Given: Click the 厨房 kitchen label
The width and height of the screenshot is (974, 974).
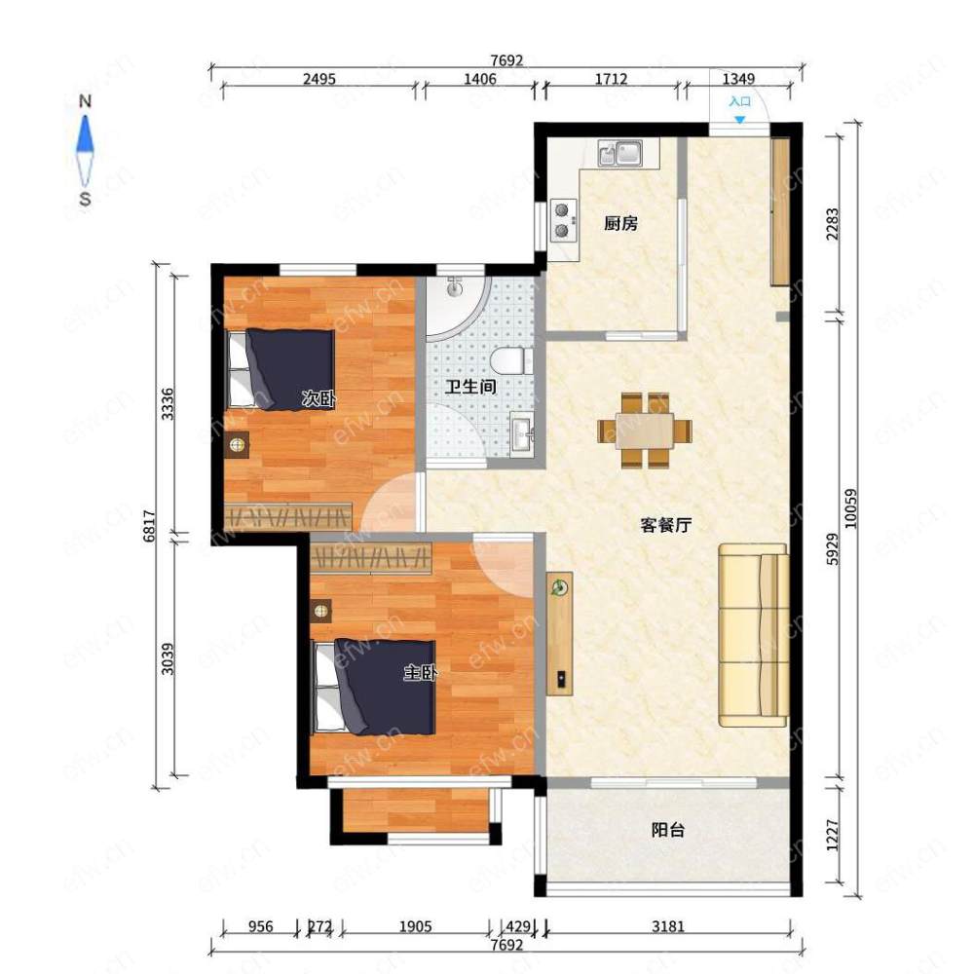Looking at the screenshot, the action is tap(620, 223).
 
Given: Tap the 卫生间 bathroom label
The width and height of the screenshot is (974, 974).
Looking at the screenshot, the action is tap(470, 387).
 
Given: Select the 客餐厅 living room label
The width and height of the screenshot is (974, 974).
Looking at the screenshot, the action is tap(666, 526).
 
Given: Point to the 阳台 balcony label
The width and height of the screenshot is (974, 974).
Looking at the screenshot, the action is tap(668, 830).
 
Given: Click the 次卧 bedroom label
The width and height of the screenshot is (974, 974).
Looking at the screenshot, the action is tap(318, 398).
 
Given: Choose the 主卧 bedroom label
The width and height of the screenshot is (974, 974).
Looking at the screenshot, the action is tap(421, 673).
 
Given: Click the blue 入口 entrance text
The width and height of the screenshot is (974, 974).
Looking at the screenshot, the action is tap(740, 101).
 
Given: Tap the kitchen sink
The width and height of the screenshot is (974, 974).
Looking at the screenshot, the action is tap(619, 153).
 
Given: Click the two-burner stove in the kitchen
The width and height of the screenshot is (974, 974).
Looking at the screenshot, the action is tap(563, 220).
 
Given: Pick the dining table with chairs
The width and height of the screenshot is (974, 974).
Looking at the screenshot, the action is tap(645, 431).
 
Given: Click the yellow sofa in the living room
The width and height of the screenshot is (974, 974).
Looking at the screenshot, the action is tap(754, 635).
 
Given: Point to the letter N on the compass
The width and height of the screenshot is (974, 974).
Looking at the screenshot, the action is tap(85, 101).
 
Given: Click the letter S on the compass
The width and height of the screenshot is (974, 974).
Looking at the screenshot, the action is tap(85, 199).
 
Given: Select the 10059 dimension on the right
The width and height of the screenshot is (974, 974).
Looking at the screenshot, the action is tap(851, 508).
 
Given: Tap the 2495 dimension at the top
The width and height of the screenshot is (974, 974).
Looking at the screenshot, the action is tap(319, 79).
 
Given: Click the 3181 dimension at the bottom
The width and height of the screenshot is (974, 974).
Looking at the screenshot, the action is tap(668, 926).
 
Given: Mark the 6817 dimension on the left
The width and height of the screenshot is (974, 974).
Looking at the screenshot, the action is tap(149, 526).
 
